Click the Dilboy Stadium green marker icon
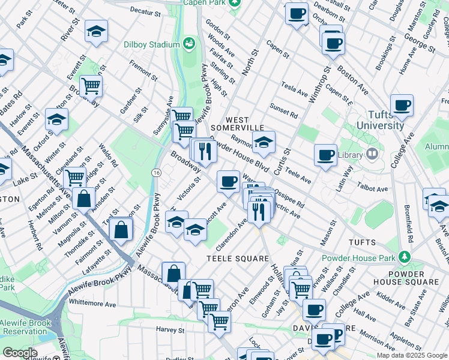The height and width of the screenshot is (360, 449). point(190,44)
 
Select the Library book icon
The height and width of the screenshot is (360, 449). point(372,154)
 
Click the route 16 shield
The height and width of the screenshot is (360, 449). point(156,173)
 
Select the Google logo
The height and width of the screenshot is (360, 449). point(20,353)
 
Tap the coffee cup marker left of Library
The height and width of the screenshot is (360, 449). point(325,155)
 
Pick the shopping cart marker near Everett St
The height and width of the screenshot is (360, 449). point(91,85)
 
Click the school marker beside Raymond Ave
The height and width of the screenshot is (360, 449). point(262,142)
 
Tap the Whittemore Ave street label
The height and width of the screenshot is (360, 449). point(92,304)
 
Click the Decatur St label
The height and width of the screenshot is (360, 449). point(145,12)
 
